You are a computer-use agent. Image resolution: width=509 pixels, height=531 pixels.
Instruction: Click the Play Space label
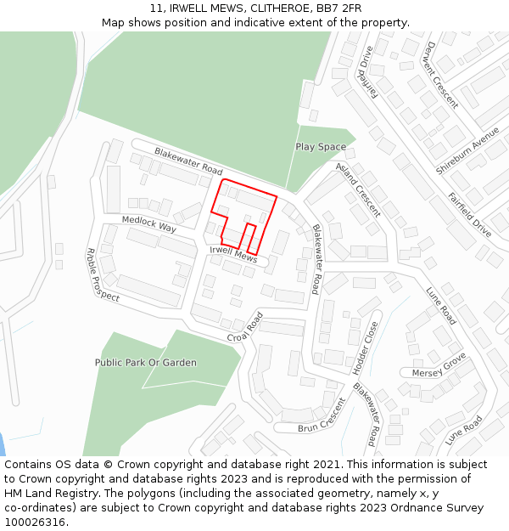coord(321,147)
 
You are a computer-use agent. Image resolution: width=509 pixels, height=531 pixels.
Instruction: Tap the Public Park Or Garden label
coord(146,363)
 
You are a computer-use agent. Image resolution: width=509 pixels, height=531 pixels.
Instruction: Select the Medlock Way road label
coord(148,223)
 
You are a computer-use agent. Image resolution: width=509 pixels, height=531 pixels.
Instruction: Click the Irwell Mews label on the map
coord(233,252)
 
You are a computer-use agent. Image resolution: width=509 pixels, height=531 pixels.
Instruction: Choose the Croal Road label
coord(245,327)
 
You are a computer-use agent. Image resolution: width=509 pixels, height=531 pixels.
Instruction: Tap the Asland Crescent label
coord(358,189)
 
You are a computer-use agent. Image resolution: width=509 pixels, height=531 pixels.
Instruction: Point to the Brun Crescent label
coord(322,415)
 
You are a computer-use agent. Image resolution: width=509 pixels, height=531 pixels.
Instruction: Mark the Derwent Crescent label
coord(442,75)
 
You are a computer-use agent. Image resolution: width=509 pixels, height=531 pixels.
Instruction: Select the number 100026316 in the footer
coord(35,523)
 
